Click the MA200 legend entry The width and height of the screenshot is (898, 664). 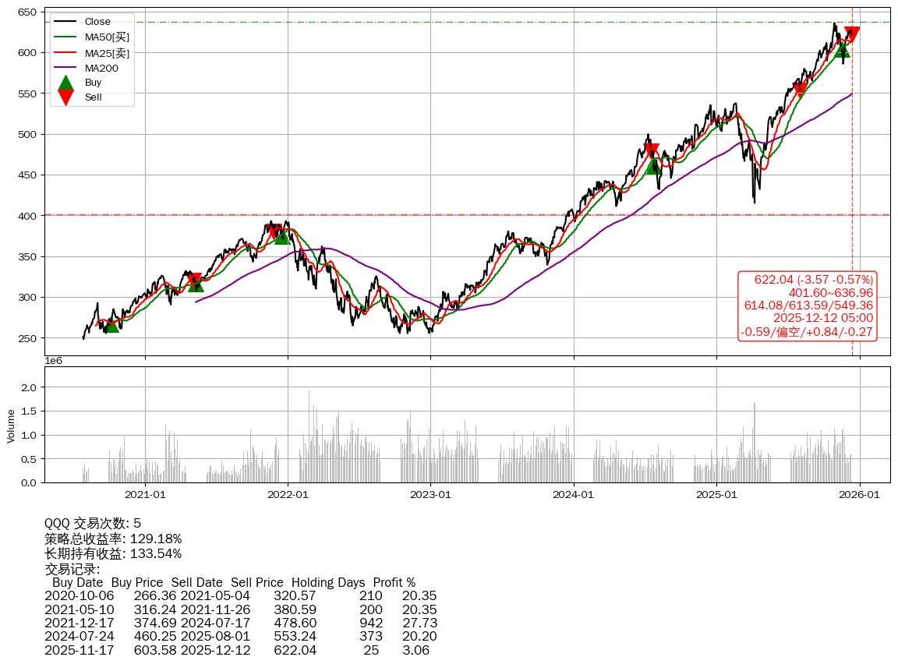pyautogui.click(x=101, y=69)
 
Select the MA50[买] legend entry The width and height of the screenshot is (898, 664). pyautogui.click(x=106, y=37)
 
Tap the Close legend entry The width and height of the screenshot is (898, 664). pyautogui.click(x=97, y=22)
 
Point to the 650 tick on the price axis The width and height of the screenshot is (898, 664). pyautogui.click(x=29, y=12)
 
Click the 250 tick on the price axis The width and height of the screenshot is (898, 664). pyautogui.click(x=29, y=338)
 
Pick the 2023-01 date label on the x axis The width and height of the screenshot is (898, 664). pyautogui.click(x=431, y=494)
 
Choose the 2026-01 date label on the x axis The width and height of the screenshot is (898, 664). pyautogui.click(x=860, y=494)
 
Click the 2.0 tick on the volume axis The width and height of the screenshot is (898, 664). pyautogui.click(x=29, y=387)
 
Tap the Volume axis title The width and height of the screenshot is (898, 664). pyautogui.click(x=11, y=426)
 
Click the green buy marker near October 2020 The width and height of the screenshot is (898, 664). pyautogui.click(x=112, y=324)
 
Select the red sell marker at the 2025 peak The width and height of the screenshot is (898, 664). pyautogui.click(x=852, y=34)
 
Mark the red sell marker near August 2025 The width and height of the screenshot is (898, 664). pyautogui.click(x=801, y=88)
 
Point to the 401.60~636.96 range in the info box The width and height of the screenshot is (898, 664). pyautogui.click(x=830, y=293)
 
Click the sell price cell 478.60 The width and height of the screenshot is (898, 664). pyautogui.click(x=295, y=623)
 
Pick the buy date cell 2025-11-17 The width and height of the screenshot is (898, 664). pyautogui.click(x=79, y=650)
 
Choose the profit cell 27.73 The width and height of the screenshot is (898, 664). pyautogui.click(x=419, y=623)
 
